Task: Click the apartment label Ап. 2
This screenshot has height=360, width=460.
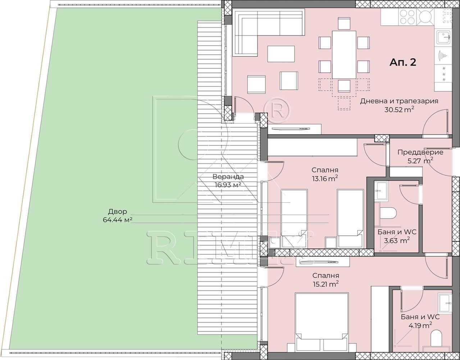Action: click(403, 62)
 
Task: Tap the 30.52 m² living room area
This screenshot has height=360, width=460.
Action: click(399, 109)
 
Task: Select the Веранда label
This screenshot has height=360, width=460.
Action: click(228, 176)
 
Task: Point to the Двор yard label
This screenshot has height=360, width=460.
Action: click(118, 211)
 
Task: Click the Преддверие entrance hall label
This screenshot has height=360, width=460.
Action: click(420, 152)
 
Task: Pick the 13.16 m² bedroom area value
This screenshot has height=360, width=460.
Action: click(325, 179)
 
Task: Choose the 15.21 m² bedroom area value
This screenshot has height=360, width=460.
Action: click(325, 284)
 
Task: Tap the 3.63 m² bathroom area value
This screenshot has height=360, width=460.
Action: click(397, 240)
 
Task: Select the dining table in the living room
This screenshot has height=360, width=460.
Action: click(344, 55)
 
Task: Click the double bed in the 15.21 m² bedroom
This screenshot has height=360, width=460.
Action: click(322, 322)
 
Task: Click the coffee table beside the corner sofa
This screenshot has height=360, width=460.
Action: click(281, 54)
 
